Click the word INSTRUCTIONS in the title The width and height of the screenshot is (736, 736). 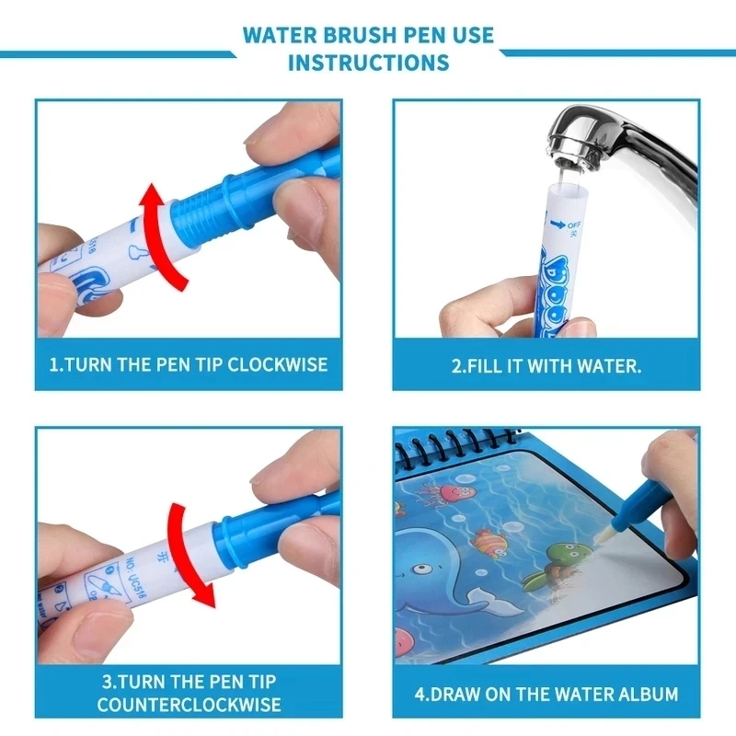(x=368, y=63)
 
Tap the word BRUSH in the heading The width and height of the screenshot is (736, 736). (x=369, y=35)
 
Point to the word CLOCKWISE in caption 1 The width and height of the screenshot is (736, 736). (x=277, y=364)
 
